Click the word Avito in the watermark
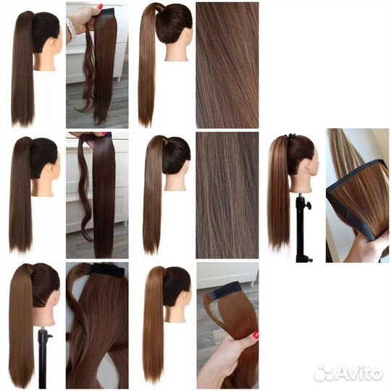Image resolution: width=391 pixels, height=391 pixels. click(x=358, y=374)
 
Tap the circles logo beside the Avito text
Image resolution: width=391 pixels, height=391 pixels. click(x=324, y=373)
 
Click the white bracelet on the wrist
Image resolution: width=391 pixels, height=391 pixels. click(x=70, y=30)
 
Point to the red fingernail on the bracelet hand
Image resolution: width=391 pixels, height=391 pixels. click(x=100, y=7)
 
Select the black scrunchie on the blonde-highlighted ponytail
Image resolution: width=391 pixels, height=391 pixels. click(x=290, y=136)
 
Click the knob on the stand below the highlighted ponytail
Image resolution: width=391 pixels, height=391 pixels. click(x=308, y=206)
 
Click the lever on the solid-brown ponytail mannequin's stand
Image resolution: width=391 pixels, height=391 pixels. click(x=50, y=336)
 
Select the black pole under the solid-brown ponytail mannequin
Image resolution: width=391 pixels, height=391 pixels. click(x=43, y=358)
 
